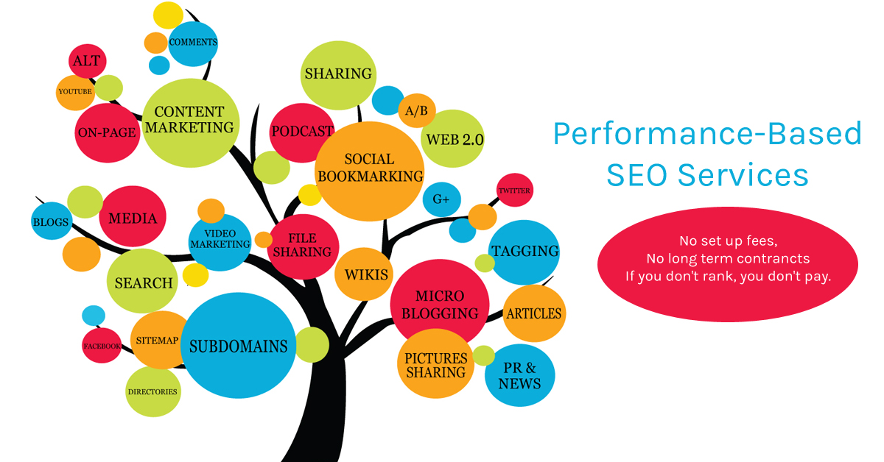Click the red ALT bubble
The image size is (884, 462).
(x=87, y=61)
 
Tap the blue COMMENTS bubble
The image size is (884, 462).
(x=193, y=43)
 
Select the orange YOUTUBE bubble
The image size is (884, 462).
(x=75, y=93)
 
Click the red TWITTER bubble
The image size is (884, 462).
(x=515, y=190)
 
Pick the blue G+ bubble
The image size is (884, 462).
(x=441, y=199)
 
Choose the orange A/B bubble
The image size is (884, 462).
(x=417, y=110)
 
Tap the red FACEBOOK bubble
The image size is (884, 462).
(x=102, y=345)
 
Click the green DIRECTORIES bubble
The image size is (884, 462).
(x=153, y=391)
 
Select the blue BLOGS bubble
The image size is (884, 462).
(x=52, y=221)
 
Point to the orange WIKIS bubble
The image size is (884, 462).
(x=364, y=274)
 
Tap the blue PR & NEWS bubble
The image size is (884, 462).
(x=520, y=375)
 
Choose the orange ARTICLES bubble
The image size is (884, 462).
(x=534, y=313)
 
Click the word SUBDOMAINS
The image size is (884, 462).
(x=239, y=346)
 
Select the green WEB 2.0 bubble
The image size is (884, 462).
(x=452, y=138)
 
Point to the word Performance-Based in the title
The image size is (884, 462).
(x=708, y=134)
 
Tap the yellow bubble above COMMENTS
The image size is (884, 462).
(x=168, y=15)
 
